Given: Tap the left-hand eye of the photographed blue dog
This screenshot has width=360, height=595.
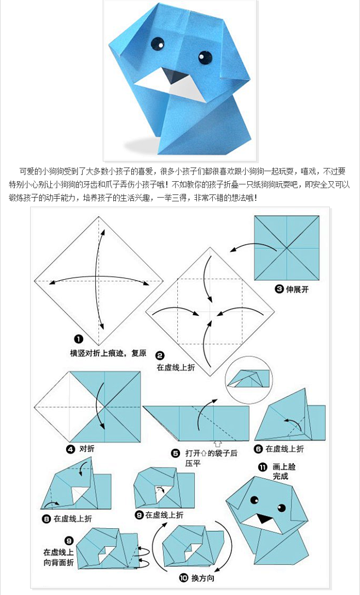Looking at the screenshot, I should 157,42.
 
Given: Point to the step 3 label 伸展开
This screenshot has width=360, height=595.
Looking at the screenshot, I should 297,290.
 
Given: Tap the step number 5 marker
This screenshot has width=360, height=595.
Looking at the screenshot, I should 176,453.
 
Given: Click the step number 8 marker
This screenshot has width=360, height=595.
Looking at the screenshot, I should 46,518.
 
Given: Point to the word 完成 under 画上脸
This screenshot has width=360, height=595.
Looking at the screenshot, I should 281,476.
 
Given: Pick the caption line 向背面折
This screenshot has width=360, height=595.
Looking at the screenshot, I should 58,561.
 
